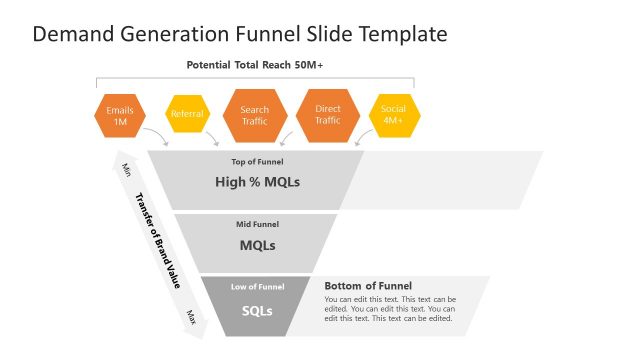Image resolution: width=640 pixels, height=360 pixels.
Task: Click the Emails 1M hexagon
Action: pos(120,116)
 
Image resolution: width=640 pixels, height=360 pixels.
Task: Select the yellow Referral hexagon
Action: pos(187,114)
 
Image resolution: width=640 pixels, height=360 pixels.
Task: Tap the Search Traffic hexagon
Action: pos(255,115)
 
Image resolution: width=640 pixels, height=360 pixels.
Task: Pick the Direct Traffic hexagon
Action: pos(328,115)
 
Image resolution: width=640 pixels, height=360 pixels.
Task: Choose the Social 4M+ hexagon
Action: pos(393,115)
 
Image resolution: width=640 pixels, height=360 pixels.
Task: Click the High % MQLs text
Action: pos(257,182)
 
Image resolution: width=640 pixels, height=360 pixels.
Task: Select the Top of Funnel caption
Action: pos(257,161)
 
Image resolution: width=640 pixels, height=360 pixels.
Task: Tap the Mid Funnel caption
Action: pos(257,224)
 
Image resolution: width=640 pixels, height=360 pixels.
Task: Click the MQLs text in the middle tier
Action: pos(257,245)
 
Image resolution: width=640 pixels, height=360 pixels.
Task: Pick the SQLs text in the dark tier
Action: pos(257,310)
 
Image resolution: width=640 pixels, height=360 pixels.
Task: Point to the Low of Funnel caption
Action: pos(257,287)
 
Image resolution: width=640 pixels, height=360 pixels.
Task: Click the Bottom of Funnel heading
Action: pos(368,286)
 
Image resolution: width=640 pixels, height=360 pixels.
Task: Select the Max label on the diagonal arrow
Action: pos(190,316)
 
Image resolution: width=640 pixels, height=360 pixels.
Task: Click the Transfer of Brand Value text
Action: pos(157,240)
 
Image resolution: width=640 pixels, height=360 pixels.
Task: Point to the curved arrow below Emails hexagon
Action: pos(156,136)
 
